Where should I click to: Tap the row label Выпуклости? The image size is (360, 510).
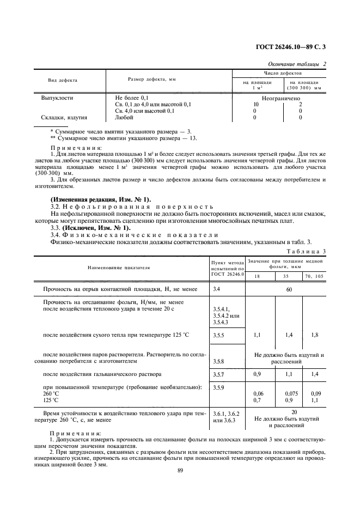tap(58, 98)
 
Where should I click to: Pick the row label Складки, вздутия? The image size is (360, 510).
tap(65, 117)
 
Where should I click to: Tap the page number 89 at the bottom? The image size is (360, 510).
tap(180, 474)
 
